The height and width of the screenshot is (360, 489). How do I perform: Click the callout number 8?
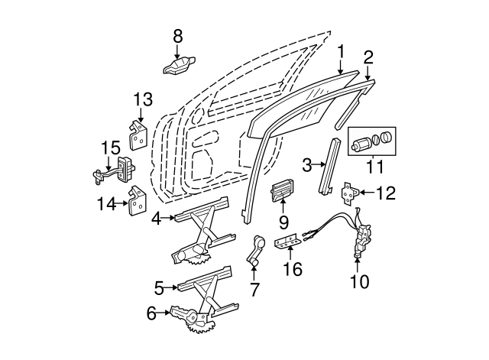(x=178, y=36)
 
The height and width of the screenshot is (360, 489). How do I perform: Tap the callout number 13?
(x=143, y=99)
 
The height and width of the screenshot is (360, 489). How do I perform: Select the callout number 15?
(x=112, y=147)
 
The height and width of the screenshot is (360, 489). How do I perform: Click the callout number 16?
(x=293, y=269)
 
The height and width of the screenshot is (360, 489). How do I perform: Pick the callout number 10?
(x=358, y=281)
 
